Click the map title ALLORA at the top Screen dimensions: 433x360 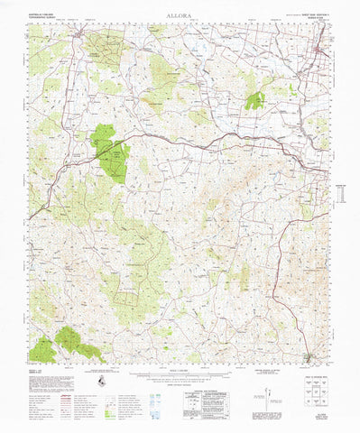pos(180,16)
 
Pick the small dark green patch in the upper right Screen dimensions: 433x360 pos(255,99)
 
